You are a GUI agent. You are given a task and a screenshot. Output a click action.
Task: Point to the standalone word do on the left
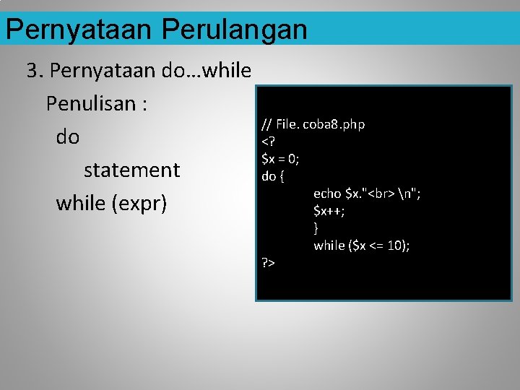tap(68, 137)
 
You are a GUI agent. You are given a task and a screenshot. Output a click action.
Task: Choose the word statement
tap(131, 170)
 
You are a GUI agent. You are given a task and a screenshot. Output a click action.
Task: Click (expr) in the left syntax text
tap(140, 204)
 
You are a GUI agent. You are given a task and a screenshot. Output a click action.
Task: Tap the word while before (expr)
tap(80, 204)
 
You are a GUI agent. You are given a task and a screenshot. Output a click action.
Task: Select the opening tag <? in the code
tap(267, 142)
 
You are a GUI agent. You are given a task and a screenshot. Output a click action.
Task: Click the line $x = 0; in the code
tap(280, 158)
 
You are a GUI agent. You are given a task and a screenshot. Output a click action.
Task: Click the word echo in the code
tap(327, 193)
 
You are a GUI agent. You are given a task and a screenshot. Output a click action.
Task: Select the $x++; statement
tap(329, 211)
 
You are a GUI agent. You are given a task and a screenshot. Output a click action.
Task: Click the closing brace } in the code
tap(316, 228)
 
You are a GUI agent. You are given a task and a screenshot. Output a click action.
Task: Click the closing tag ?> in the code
tap(267, 263)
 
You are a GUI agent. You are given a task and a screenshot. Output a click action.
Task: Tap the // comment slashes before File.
tap(266, 124)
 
